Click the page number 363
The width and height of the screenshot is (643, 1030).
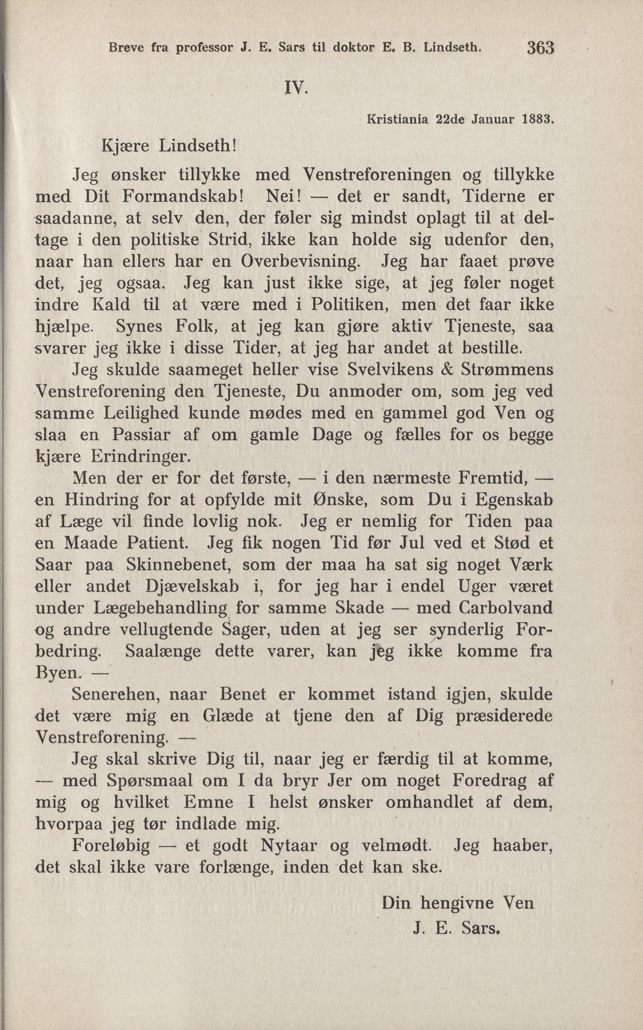click(x=541, y=48)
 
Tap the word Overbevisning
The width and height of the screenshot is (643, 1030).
click(x=300, y=261)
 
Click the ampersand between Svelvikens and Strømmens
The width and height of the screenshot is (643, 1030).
click(x=446, y=369)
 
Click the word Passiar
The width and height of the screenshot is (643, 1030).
click(x=141, y=435)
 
